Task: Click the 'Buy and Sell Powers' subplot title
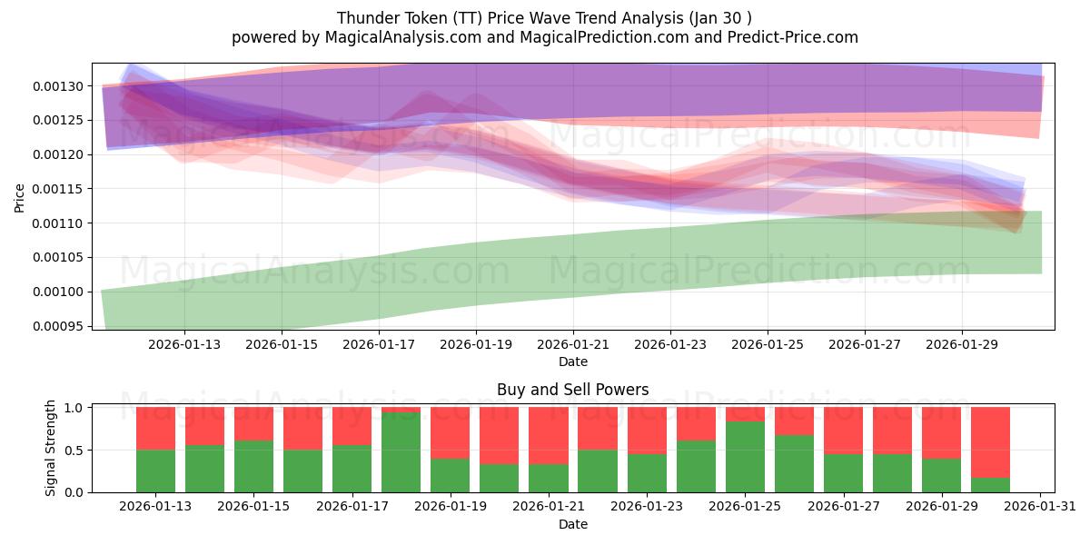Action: point(572,390)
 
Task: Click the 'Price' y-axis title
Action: point(20,198)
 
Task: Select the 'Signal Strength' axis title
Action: point(51,448)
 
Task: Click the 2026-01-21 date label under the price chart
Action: point(573,344)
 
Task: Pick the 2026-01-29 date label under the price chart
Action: point(962,344)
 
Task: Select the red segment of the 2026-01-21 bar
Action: point(549,435)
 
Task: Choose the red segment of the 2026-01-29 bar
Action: point(941,432)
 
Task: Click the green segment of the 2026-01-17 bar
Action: point(352,469)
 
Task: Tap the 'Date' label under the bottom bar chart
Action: point(572,524)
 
